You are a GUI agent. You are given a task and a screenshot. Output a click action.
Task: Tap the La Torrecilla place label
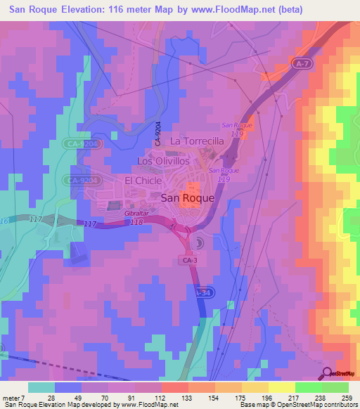coord(197,141)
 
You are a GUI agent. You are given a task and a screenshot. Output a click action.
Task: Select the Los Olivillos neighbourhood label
coord(162,161)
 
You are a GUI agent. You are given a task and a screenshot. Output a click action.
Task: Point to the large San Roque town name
coord(188,198)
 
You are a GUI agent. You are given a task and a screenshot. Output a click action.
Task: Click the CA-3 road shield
coord(189,260)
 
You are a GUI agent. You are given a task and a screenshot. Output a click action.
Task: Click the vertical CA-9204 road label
coord(158,133)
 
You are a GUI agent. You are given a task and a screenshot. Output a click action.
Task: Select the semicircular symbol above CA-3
coord(198,243)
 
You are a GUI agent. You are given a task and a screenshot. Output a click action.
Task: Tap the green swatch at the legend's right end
coord(335,387)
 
